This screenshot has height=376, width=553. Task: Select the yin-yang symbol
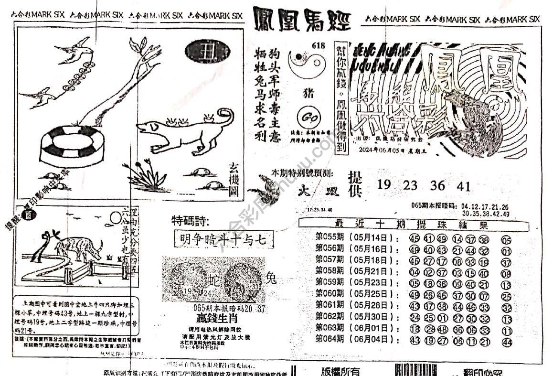308,65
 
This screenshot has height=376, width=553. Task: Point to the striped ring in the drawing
72,145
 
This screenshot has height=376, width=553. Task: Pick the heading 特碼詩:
190,220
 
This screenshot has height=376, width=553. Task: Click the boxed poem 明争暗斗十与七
223,239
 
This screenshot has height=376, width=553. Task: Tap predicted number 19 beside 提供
383,185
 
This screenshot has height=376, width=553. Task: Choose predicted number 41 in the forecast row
463,186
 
